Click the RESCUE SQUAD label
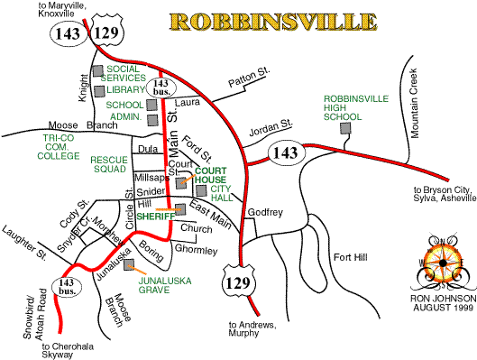point(110,163)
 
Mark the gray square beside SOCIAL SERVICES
point(97,70)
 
